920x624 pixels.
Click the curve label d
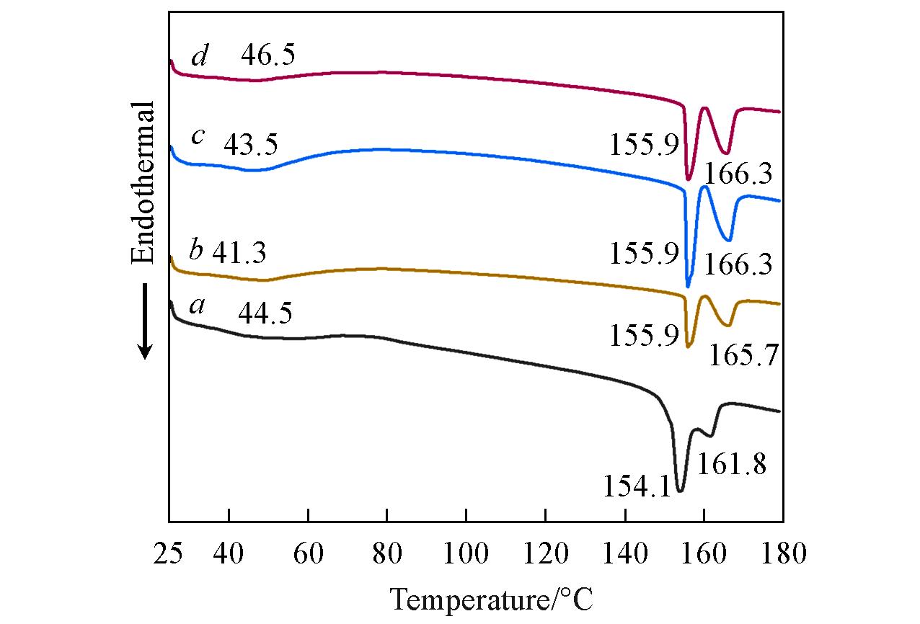pyautogui.click(x=200, y=56)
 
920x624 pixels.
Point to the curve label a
pyautogui.click(x=196, y=307)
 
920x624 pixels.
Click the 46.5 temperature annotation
pyautogui.click(x=267, y=55)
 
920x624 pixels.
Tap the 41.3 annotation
pyautogui.click(x=239, y=253)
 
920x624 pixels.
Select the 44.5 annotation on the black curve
pyautogui.click(x=265, y=313)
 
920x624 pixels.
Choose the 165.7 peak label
pyautogui.click(x=745, y=355)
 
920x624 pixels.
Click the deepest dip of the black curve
pyautogui.click(x=679, y=491)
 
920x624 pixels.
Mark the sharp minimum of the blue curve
pyautogui.click(x=688, y=285)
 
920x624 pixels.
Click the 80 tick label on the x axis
pyautogui.click(x=387, y=555)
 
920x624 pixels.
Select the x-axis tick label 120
pyautogui.click(x=546, y=555)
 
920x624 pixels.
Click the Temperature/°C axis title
pyautogui.click(x=491, y=599)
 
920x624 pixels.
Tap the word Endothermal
pyautogui.click(x=143, y=183)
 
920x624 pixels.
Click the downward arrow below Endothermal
pyautogui.click(x=145, y=321)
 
